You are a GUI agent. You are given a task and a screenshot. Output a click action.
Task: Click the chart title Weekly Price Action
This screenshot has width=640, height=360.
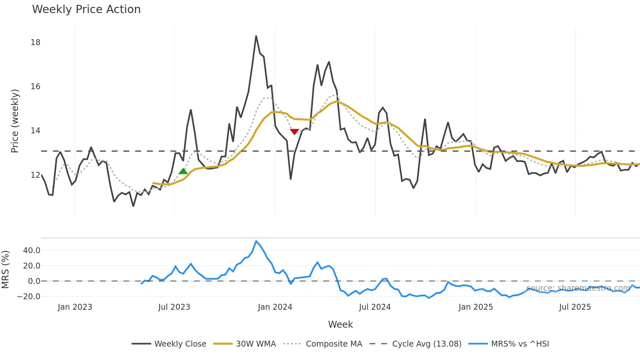pyautogui.click(x=86, y=9)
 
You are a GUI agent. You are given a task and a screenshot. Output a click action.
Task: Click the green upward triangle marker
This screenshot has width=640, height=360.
pyautogui.click(x=183, y=171)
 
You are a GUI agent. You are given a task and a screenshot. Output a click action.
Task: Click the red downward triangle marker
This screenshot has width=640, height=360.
pyautogui.click(x=295, y=132)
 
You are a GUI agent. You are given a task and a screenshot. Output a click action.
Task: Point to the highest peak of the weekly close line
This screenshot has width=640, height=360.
pyautogui.click(x=256, y=36)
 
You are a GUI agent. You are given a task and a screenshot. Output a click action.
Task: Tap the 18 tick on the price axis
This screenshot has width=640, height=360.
pyautogui.click(x=35, y=42)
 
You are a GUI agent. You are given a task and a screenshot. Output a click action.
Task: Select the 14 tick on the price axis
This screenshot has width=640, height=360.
pyautogui.click(x=35, y=131)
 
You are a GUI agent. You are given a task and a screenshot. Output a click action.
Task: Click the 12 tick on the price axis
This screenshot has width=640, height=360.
pyautogui.click(x=35, y=175)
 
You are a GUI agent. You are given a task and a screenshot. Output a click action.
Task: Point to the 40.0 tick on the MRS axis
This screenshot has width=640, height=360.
pyautogui.click(x=32, y=251)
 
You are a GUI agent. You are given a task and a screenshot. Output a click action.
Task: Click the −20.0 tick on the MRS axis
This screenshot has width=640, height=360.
pyautogui.click(x=29, y=297)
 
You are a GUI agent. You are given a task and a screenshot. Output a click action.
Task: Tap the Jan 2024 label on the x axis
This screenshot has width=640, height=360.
pyautogui.click(x=275, y=307)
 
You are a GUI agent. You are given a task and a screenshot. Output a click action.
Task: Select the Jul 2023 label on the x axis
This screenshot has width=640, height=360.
pyautogui.click(x=174, y=307)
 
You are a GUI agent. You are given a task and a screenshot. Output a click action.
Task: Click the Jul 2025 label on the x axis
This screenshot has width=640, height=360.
pyautogui.click(x=575, y=307)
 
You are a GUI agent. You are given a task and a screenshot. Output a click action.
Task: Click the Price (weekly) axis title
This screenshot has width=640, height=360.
pyautogui.click(x=15, y=121)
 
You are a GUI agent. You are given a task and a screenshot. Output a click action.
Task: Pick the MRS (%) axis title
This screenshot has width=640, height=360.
pyautogui.click(x=5, y=270)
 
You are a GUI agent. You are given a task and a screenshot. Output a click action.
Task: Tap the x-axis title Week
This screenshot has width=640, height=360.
pyautogui.click(x=340, y=324)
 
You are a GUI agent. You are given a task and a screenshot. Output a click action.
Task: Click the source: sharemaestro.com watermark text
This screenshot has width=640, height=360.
pyautogui.click(x=578, y=288)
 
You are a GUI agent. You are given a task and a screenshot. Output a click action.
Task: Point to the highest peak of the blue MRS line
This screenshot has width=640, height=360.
pyautogui.click(x=256, y=241)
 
